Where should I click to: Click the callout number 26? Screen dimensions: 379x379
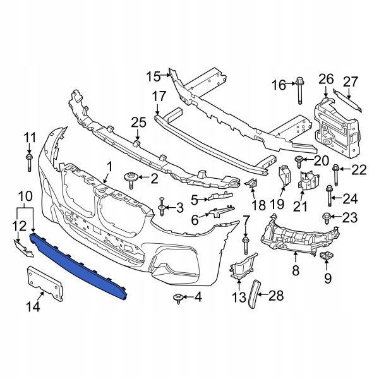325,78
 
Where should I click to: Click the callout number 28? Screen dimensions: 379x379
277,295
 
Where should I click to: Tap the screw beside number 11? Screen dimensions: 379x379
30,162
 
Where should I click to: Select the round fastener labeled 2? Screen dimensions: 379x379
133,180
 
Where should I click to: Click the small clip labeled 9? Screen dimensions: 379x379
327,256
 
